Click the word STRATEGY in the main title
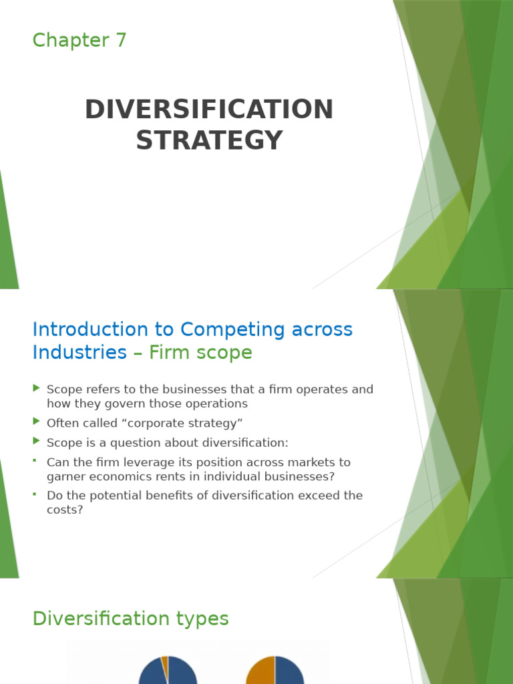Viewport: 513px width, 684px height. [x=209, y=140]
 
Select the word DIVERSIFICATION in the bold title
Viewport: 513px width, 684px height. [x=209, y=110]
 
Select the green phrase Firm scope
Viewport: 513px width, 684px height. [x=200, y=353]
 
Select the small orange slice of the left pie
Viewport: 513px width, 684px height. [x=164, y=662]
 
